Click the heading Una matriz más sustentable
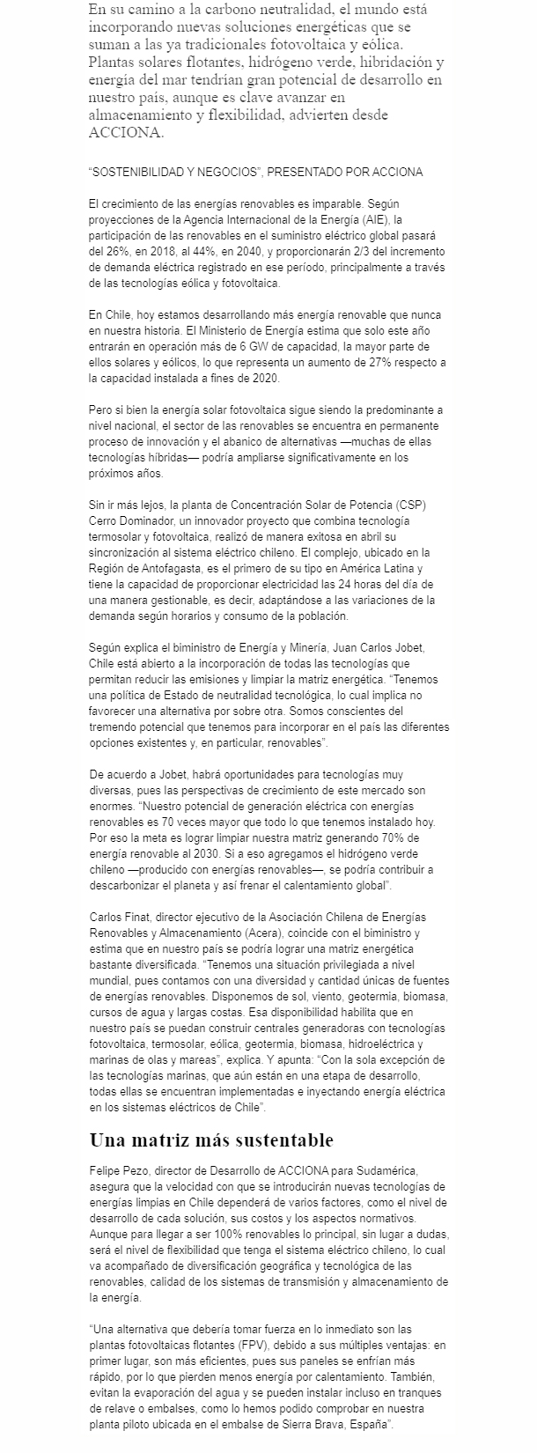point(211,1140)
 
